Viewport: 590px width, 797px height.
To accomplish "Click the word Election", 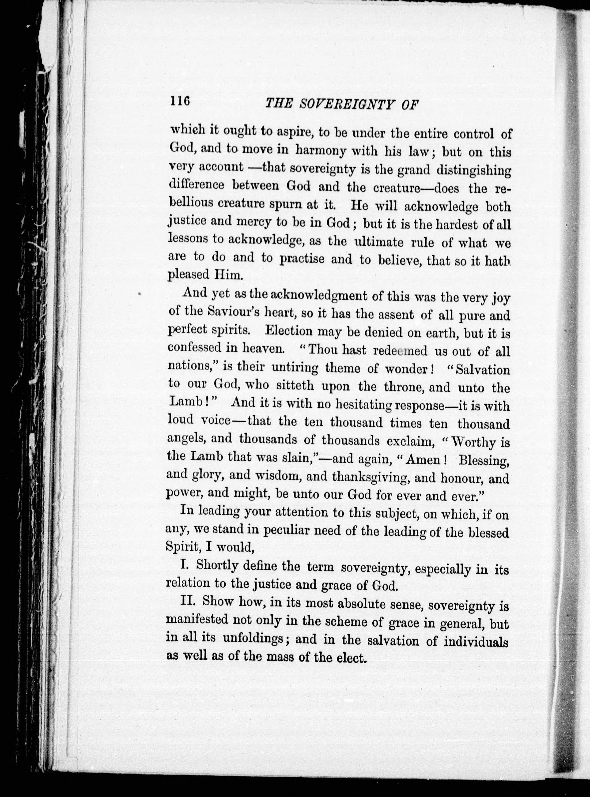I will coord(289,331).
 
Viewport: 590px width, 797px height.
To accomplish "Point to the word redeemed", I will coord(400,351).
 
